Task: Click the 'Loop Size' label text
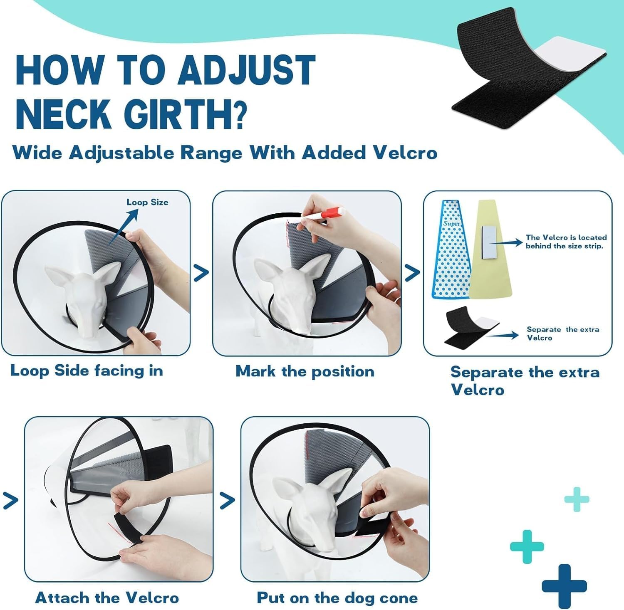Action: [x=147, y=203]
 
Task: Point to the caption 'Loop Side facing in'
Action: [x=87, y=370]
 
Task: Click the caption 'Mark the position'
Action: [x=305, y=371]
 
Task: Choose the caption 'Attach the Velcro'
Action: [x=107, y=598]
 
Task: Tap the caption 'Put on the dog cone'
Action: [x=337, y=598]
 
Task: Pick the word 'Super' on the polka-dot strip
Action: [x=451, y=224]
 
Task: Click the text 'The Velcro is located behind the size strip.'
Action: [x=566, y=242]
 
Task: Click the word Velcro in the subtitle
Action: [x=405, y=153]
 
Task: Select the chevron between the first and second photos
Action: [x=201, y=273]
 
